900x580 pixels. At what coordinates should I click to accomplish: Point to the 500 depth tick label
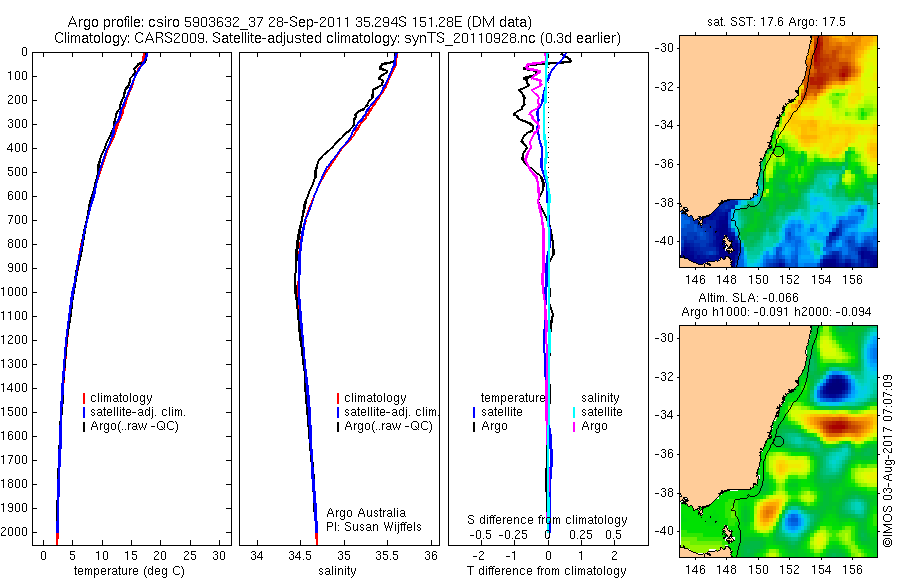pyautogui.click(x=18, y=172)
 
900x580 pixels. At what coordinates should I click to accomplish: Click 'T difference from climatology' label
pyautogui.click(x=547, y=571)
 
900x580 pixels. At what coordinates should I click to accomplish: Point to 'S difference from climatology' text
pyautogui.click(x=547, y=520)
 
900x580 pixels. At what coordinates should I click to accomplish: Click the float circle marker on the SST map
pyautogui.click(x=779, y=150)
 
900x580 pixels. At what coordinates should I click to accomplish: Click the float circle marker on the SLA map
pyautogui.click(x=779, y=440)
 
